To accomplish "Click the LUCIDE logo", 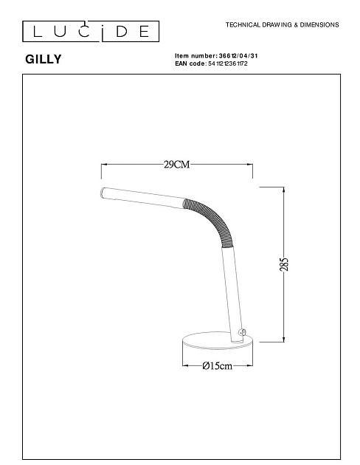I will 86,30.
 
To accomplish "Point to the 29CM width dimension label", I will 177,165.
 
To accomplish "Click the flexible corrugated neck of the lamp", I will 214,218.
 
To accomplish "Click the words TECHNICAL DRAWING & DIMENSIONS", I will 282,25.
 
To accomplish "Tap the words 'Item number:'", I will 191,56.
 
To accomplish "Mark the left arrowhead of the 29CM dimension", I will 103,165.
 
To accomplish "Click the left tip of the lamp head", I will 102,193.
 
